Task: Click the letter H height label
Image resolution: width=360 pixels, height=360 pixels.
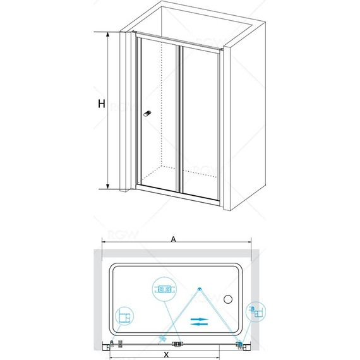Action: [x=102, y=104]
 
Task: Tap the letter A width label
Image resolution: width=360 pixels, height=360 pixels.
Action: [x=173, y=239]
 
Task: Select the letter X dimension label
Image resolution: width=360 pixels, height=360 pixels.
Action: [x=165, y=354]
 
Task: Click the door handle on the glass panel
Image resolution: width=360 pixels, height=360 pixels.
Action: [x=147, y=114]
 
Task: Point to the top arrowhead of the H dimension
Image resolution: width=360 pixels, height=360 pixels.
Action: [x=107, y=34]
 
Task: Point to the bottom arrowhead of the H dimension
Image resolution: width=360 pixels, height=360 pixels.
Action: [x=107, y=186]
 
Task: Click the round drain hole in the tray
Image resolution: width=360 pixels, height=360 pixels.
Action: [x=228, y=299]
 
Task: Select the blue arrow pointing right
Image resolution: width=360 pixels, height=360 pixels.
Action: [x=199, y=320]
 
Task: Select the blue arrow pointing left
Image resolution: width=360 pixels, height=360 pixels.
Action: [x=199, y=324]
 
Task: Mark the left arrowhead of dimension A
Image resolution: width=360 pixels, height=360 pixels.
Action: [x=104, y=242]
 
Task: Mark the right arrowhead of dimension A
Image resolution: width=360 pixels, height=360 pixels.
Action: [x=249, y=242]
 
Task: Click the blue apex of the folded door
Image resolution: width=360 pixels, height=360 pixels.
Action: [x=200, y=289]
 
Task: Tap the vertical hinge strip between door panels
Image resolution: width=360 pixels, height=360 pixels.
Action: [x=180, y=119]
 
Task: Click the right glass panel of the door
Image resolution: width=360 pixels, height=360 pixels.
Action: [x=201, y=123]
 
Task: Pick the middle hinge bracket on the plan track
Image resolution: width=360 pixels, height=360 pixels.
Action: [x=177, y=344]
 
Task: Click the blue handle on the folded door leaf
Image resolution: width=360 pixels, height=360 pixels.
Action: [x=162, y=338]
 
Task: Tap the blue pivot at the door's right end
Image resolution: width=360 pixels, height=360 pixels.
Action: [x=240, y=344]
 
